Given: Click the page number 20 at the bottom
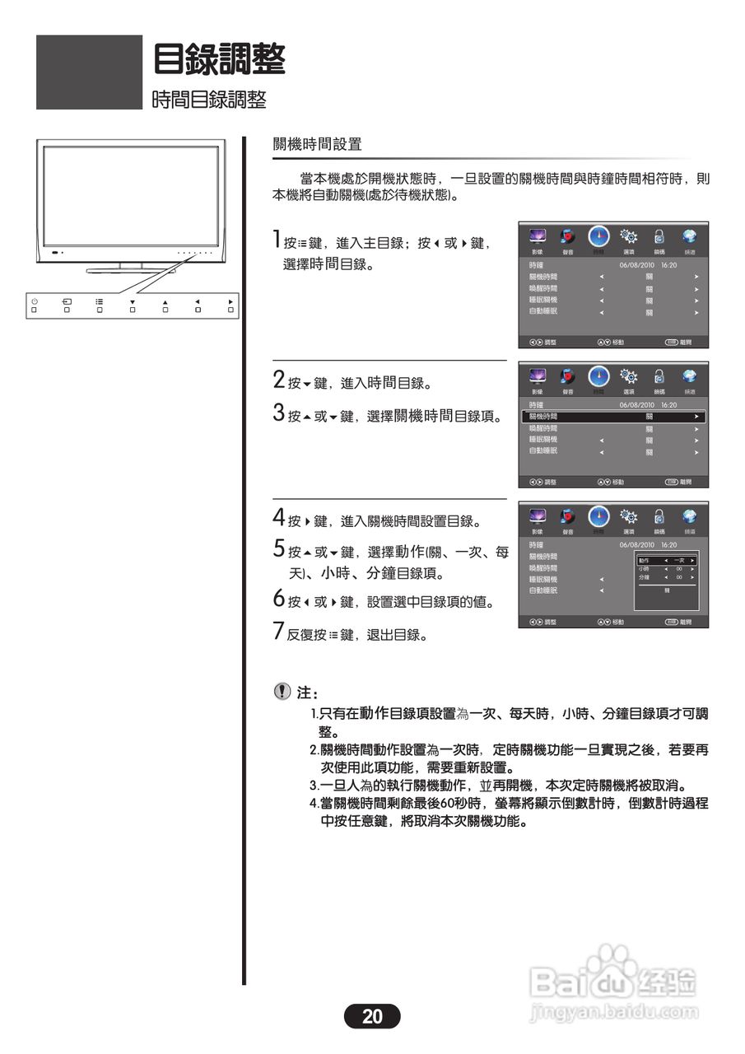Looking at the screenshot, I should (372, 1016).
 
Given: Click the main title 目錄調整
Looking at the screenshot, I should (219, 59).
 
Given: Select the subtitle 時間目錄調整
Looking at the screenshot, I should (209, 100).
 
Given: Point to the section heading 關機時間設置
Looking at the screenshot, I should (317, 145).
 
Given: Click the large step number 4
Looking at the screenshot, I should (279, 519).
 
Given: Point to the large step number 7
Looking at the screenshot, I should (279, 632).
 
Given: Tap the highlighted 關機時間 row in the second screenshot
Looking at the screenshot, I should (613, 417).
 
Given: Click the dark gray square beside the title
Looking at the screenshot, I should (89, 72).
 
